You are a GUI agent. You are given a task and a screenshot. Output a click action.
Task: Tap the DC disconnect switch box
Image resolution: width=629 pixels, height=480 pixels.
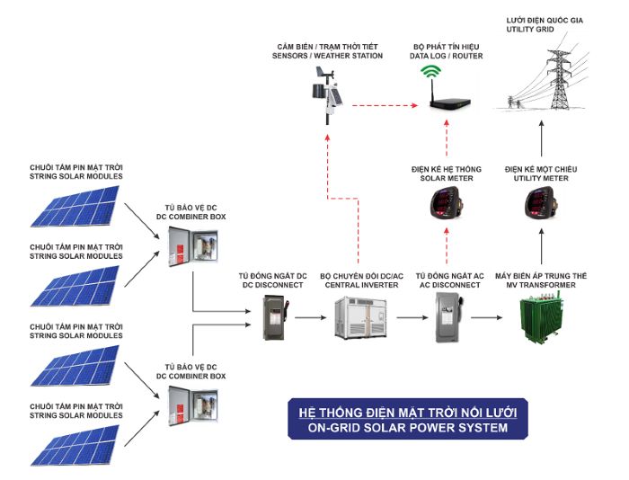[271, 316]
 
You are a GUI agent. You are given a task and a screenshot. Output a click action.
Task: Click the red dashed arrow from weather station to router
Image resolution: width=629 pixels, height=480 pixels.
[382, 106]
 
